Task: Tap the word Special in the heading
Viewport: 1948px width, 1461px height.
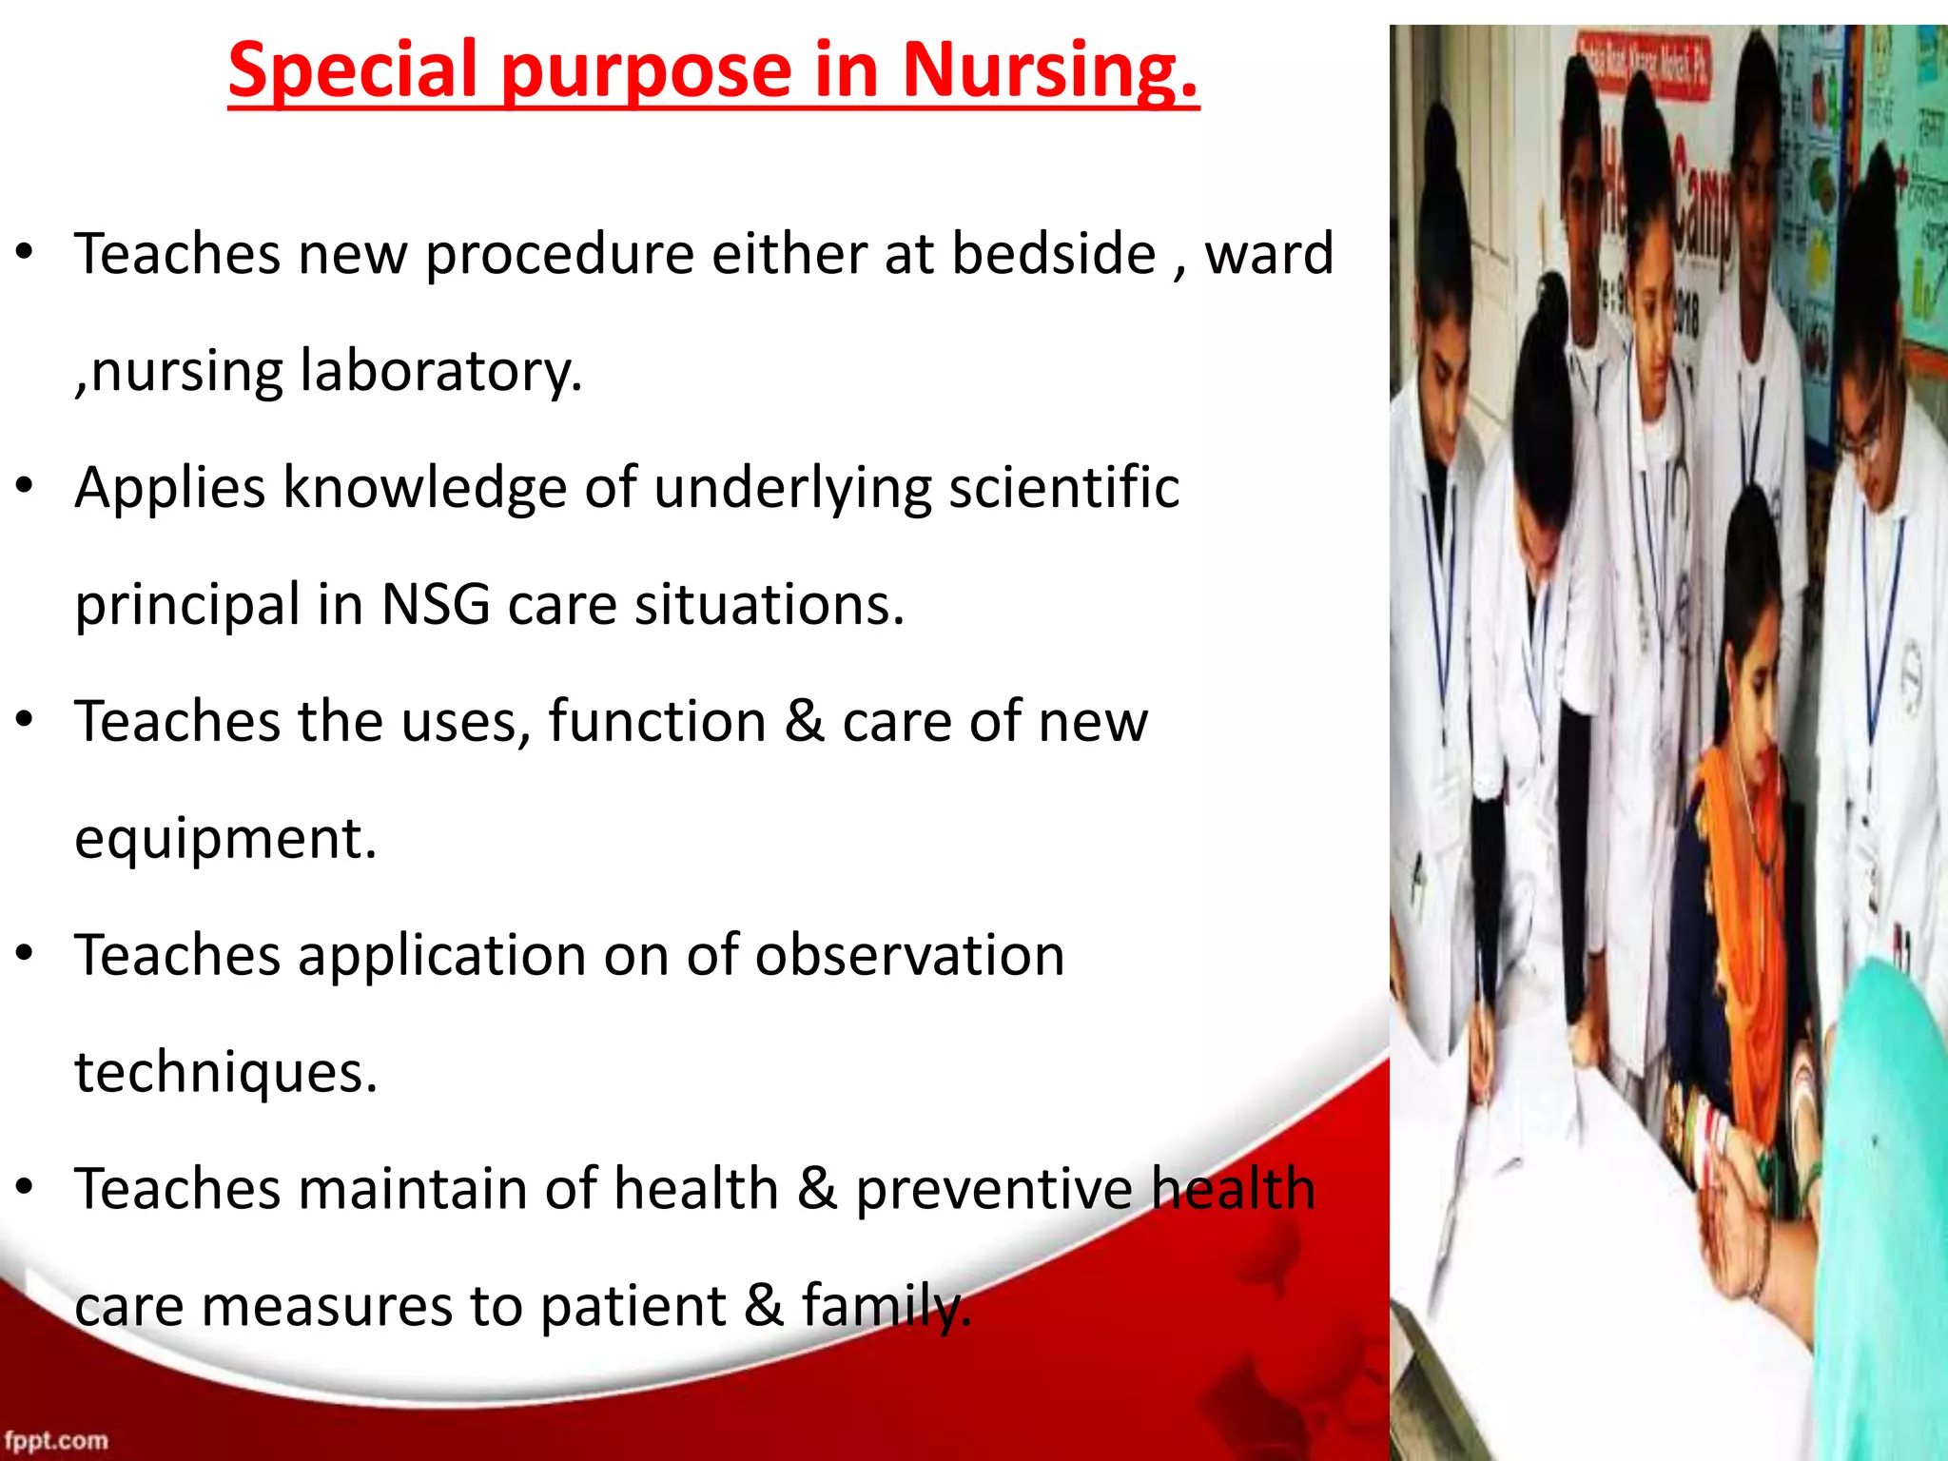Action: [352, 71]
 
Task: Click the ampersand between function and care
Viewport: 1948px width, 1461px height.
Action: [804, 722]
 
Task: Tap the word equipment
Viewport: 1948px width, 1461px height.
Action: [225, 840]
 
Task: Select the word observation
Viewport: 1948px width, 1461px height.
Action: [909, 955]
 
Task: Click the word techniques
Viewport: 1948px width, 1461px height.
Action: [225, 1073]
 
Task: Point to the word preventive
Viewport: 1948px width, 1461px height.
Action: [993, 1191]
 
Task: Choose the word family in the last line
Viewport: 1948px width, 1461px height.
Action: [885, 1306]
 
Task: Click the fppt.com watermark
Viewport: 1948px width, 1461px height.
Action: [56, 1440]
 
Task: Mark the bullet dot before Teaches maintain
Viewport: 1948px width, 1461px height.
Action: [25, 1187]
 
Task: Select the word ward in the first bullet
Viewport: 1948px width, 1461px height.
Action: [1269, 255]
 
